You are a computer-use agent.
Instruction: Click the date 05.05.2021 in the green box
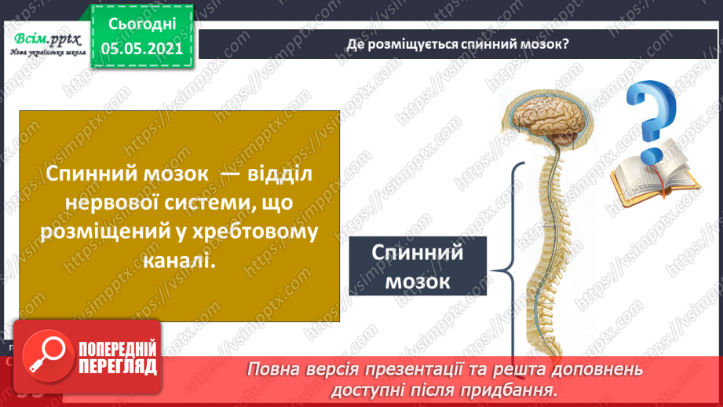[142, 48]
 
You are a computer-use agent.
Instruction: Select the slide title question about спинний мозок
[458, 44]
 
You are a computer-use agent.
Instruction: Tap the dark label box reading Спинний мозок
[417, 267]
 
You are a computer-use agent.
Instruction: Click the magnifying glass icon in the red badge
[46, 355]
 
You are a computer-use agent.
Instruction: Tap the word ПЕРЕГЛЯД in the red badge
[118, 366]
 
